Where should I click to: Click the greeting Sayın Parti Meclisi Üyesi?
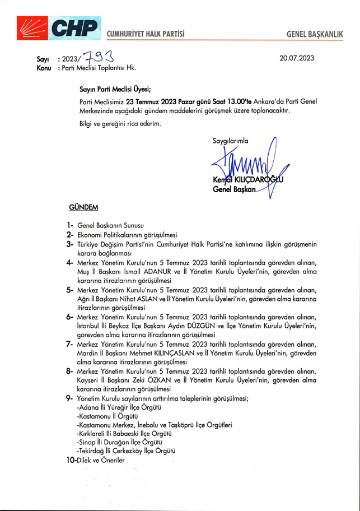tap(115, 88)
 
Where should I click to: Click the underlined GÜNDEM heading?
tap(83, 207)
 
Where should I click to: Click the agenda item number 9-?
tap(71, 397)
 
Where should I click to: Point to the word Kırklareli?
tap(92, 434)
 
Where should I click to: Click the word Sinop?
tap(87, 443)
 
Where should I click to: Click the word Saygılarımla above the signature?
tap(230, 141)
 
